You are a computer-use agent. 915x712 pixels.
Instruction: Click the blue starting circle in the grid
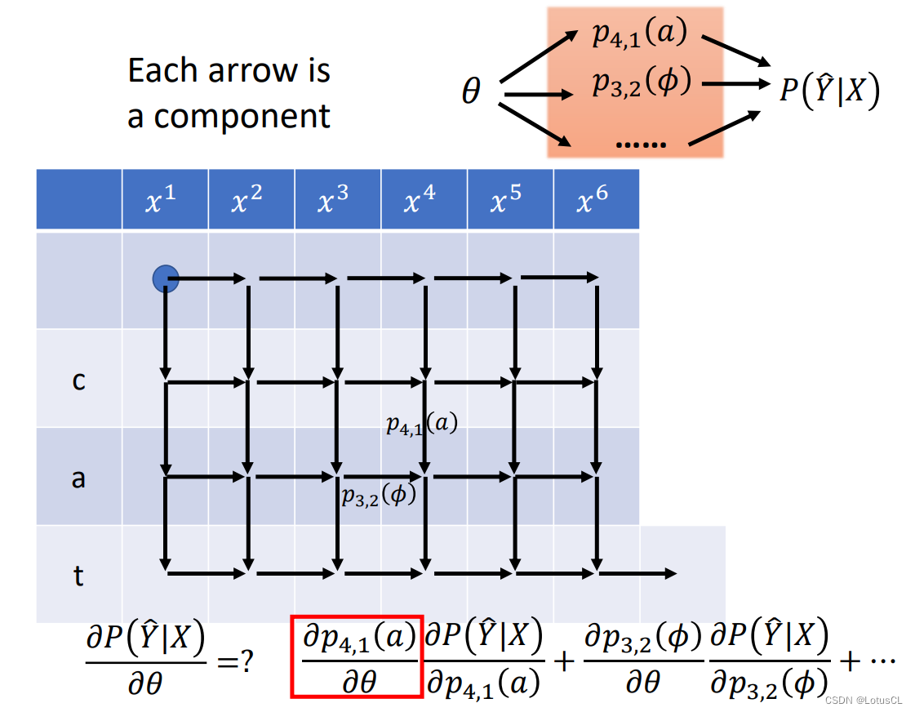[166, 279]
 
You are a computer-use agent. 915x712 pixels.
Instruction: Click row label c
[78, 380]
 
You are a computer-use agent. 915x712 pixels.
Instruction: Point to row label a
[78, 478]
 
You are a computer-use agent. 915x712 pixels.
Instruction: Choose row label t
[78, 576]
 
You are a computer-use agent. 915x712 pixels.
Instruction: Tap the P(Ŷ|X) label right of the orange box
[828, 88]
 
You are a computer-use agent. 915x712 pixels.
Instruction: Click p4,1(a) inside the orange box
[640, 34]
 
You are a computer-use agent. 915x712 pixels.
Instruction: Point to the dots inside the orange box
[641, 144]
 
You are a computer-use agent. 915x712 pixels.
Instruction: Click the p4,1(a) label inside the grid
[421, 424]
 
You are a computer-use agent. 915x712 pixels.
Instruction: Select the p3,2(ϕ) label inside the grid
[379, 496]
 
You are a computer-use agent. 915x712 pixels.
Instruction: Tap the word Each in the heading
[162, 71]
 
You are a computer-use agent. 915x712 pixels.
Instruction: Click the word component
[242, 116]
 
